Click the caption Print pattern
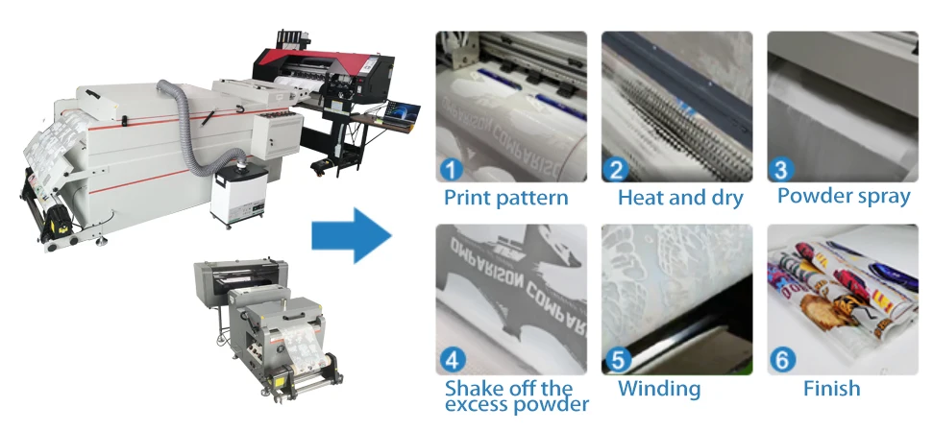[x=505, y=199]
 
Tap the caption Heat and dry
[x=680, y=199]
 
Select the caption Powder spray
[x=844, y=197]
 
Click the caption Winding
[x=659, y=389]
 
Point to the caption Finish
[x=831, y=389]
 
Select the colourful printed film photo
[x=839, y=299]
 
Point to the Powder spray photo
[x=842, y=106]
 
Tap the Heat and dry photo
[x=676, y=106]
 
